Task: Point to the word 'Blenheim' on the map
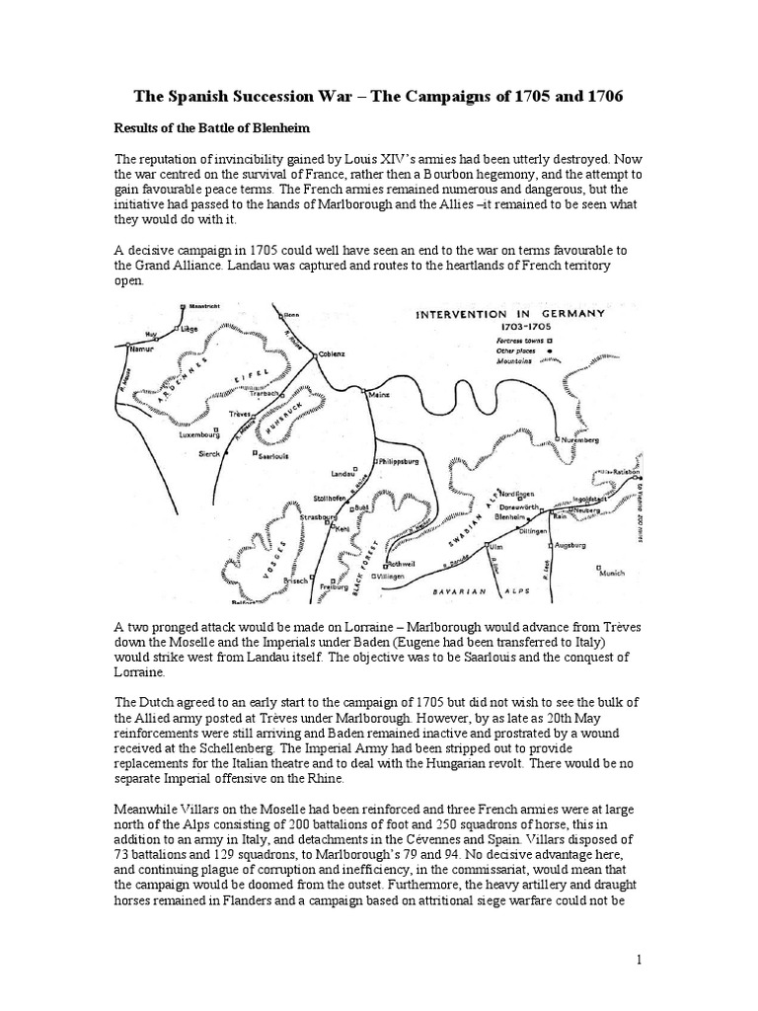(509, 516)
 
